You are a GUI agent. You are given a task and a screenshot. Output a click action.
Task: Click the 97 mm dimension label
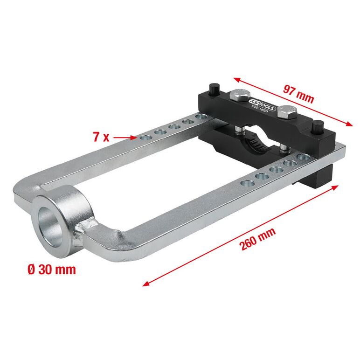(298, 94)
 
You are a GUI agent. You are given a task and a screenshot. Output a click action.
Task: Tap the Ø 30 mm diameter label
(51, 270)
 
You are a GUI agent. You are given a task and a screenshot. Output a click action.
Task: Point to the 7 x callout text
(101, 137)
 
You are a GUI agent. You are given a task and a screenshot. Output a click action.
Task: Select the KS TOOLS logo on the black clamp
(262, 104)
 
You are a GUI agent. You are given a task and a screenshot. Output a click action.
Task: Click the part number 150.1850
(259, 110)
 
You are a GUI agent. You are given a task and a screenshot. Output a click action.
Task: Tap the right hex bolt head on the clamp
(287, 112)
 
